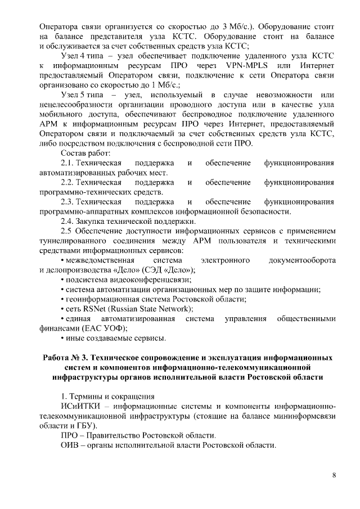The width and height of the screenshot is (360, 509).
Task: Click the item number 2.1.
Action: click(67, 163)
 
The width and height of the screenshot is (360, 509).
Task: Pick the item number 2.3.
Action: click(67, 201)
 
